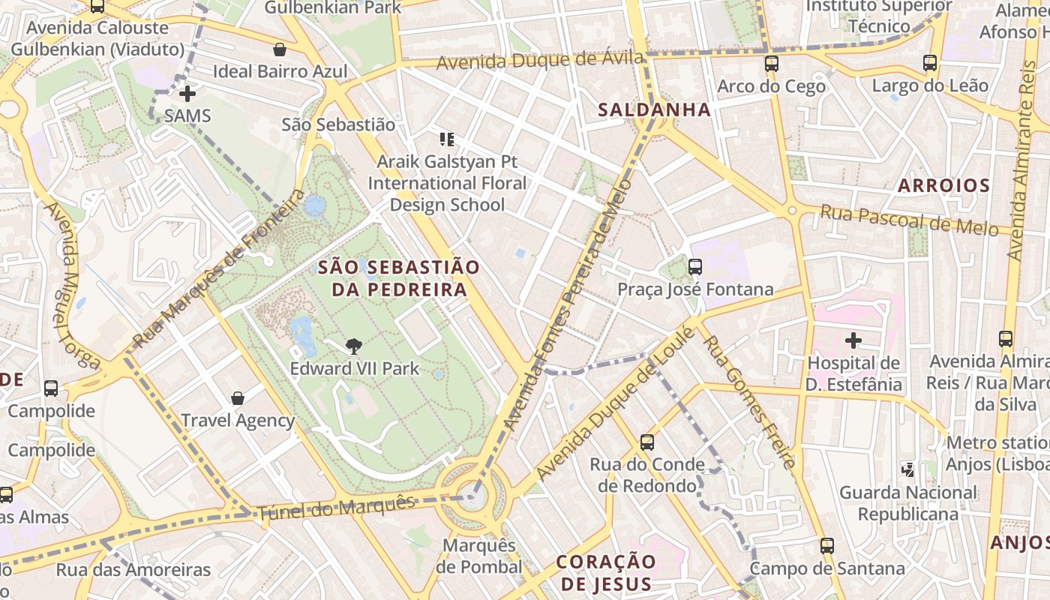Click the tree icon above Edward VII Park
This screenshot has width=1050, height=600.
click(353, 346)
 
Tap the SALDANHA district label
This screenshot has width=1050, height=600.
click(654, 109)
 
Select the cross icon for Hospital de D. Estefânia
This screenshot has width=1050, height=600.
click(853, 340)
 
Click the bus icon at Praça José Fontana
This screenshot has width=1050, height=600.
click(694, 266)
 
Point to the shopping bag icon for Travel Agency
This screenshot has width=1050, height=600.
click(238, 397)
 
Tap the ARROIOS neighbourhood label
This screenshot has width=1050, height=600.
click(943, 185)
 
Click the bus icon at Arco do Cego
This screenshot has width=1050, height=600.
click(771, 64)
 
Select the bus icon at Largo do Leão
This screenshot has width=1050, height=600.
click(930, 63)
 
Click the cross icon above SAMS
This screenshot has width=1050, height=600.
click(187, 94)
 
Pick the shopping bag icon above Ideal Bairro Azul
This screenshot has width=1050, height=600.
click(280, 49)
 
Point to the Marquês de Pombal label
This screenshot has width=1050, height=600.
click(480, 556)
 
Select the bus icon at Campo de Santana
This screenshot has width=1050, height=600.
click(826, 546)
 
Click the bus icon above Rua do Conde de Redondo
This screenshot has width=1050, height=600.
click(647, 442)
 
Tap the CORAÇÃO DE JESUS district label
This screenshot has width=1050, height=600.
click(607, 572)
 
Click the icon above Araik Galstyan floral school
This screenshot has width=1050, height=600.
click(447, 139)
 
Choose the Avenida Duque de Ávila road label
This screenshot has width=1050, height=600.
click(539, 60)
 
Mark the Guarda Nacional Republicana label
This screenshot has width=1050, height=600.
click(907, 503)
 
